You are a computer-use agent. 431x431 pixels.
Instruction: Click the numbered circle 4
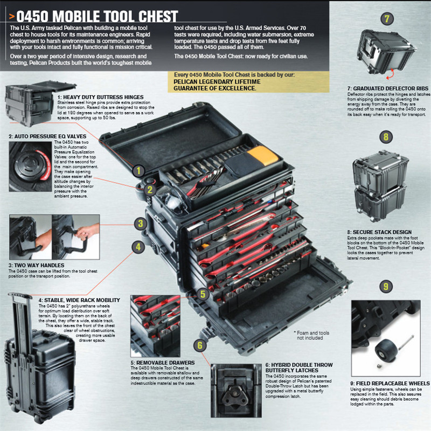(139, 247)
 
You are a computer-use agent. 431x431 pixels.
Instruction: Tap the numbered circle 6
(200, 345)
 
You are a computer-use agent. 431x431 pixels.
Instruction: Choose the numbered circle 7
(386, 19)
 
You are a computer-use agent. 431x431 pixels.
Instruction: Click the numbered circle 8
(386, 136)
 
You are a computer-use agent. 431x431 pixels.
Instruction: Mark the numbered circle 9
(386, 286)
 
